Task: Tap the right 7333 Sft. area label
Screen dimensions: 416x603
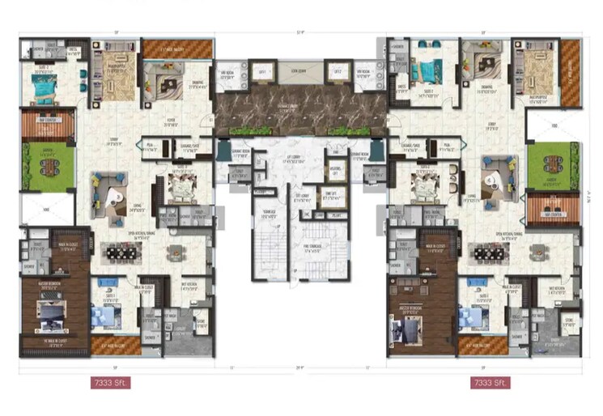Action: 490,381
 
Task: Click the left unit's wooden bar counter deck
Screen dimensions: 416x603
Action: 47,124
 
